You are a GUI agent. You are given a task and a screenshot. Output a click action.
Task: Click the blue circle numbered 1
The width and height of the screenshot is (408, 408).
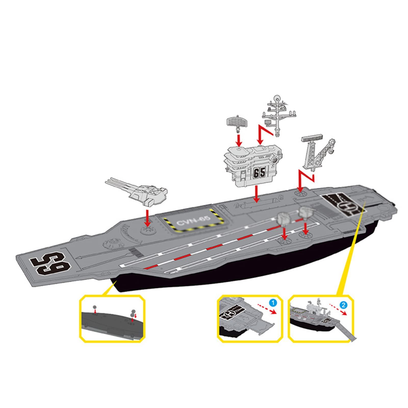[x=273, y=303]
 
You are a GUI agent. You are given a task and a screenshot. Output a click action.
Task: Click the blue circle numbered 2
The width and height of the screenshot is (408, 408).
[x=343, y=304]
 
